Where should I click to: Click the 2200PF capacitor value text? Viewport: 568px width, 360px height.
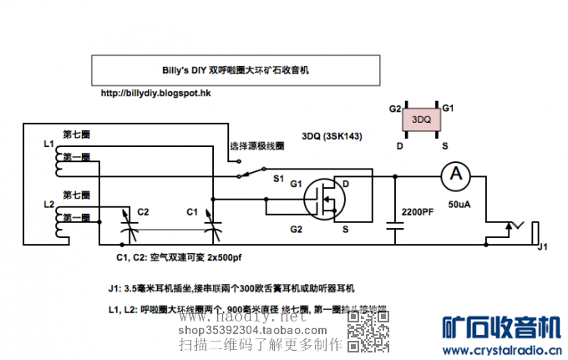click(x=418, y=212)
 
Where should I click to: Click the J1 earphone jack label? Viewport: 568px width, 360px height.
click(x=542, y=246)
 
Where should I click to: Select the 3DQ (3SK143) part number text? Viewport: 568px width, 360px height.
click(x=332, y=135)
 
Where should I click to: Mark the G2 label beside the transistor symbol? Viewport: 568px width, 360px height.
click(x=295, y=228)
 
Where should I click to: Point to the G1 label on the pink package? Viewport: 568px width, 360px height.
click(x=448, y=109)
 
